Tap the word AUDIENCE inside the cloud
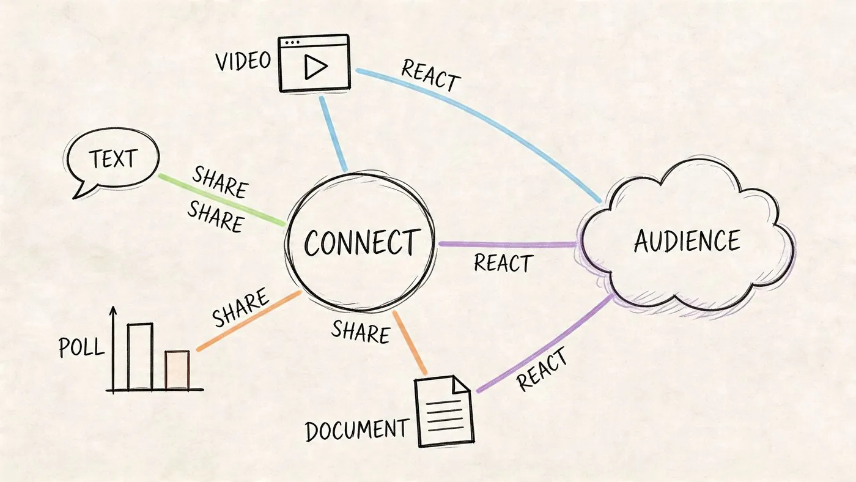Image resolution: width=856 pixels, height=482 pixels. pyautogui.click(x=687, y=240)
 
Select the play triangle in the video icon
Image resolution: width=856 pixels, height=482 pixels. pyautogui.click(x=315, y=67)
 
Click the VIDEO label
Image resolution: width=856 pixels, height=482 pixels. pyautogui.click(x=243, y=61)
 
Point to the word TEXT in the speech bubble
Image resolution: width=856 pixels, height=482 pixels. pyautogui.click(x=113, y=158)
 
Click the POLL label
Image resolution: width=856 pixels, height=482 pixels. pyautogui.click(x=81, y=347)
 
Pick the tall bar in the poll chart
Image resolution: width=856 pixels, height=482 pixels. pyautogui.click(x=140, y=357)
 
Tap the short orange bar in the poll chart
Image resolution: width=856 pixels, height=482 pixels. pyautogui.click(x=177, y=370)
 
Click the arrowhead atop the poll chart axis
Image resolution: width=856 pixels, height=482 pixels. pyautogui.click(x=113, y=311)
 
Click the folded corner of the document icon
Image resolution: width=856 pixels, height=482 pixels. pyautogui.click(x=460, y=385)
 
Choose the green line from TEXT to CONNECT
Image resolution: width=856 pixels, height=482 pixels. pyautogui.click(x=222, y=199)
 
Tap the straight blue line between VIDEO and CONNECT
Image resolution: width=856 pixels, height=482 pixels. pyautogui.click(x=333, y=134)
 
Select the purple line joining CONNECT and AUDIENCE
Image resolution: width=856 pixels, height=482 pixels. pyautogui.click(x=507, y=244)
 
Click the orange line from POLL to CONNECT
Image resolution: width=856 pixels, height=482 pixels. pyautogui.click(x=249, y=321)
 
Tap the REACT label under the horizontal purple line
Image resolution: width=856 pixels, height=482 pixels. pyautogui.click(x=503, y=263)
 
